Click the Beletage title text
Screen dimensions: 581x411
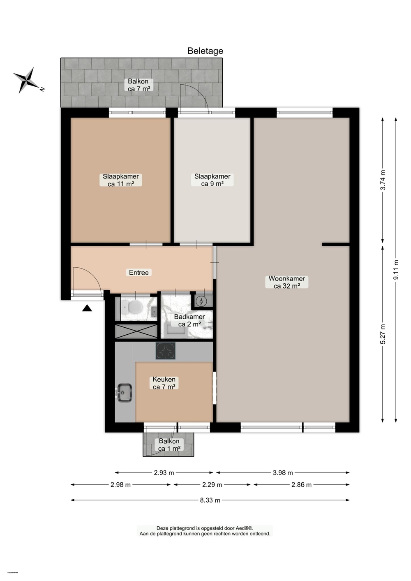(x=205, y=51)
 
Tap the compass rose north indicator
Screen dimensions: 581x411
(x=27, y=80)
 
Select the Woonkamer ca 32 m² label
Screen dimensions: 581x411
(x=286, y=282)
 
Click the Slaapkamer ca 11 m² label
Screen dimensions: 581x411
(x=120, y=180)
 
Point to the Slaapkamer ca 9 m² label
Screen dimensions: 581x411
(x=212, y=180)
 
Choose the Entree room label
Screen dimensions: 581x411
(x=139, y=273)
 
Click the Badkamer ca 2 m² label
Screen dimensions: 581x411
(x=189, y=320)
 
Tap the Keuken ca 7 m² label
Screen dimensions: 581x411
(x=164, y=383)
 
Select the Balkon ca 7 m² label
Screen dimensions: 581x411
(x=139, y=85)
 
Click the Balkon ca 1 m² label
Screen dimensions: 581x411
(x=169, y=445)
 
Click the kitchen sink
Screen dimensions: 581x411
(x=124, y=392)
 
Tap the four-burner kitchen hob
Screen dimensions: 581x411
(x=166, y=351)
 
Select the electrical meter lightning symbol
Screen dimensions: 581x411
(x=201, y=301)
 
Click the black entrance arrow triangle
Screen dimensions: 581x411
(x=87, y=308)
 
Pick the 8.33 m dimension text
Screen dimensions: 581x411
(x=210, y=500)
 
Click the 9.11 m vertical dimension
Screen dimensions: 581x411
(x=396, y=270)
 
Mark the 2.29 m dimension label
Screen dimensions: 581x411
(x=212, y=485)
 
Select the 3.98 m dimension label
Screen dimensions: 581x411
(x=283, y=473)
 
